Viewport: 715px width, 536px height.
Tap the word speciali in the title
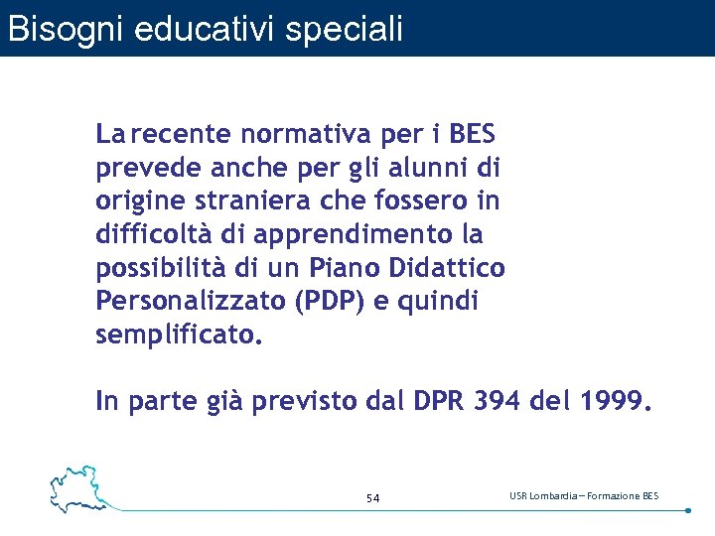(x=345, y=28)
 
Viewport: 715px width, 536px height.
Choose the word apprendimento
(x=345, y=235)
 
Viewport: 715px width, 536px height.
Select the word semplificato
(x=178, y=335)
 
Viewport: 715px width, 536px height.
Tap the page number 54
(x=373, y=497)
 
